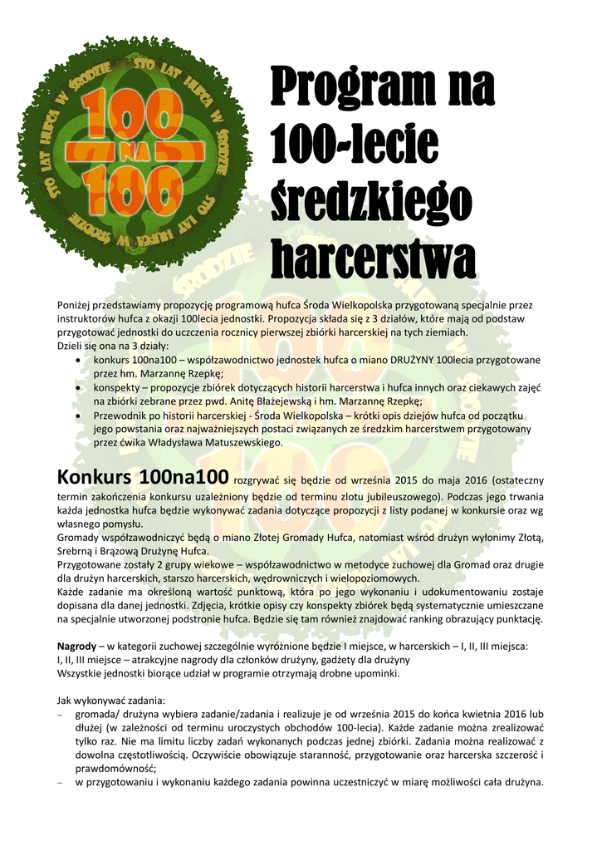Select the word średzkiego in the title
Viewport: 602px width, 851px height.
(371, 200)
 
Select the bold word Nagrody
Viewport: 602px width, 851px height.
(76, 646)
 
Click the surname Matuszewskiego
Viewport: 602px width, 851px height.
(237, 442)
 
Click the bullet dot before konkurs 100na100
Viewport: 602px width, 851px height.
(77, 360)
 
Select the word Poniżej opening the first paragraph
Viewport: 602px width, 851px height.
(76, 306)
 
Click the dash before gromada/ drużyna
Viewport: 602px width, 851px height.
(60, 715)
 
